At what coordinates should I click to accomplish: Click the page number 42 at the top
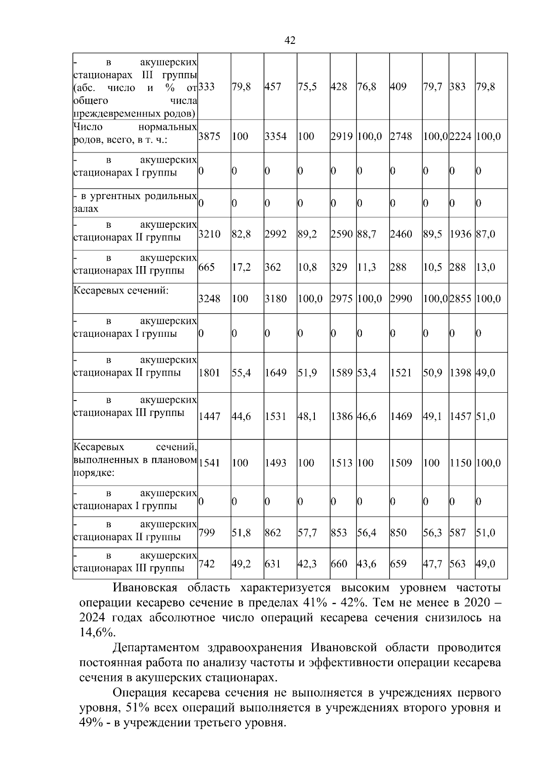(290, 41)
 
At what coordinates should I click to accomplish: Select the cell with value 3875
(209, 136)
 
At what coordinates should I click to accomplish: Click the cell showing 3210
(209, 234)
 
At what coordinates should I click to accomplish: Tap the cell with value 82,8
(241, 234)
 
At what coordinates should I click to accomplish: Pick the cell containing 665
(206, 267)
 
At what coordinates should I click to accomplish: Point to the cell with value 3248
(209, 299)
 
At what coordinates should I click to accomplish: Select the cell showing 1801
(209, 373)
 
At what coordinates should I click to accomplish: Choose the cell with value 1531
(275, 417)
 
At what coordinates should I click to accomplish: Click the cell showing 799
(206, 533)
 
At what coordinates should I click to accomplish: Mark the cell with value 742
(206, 564)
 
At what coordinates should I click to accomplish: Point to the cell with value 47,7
(433, 564)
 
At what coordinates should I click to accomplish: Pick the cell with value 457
(272, 87)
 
